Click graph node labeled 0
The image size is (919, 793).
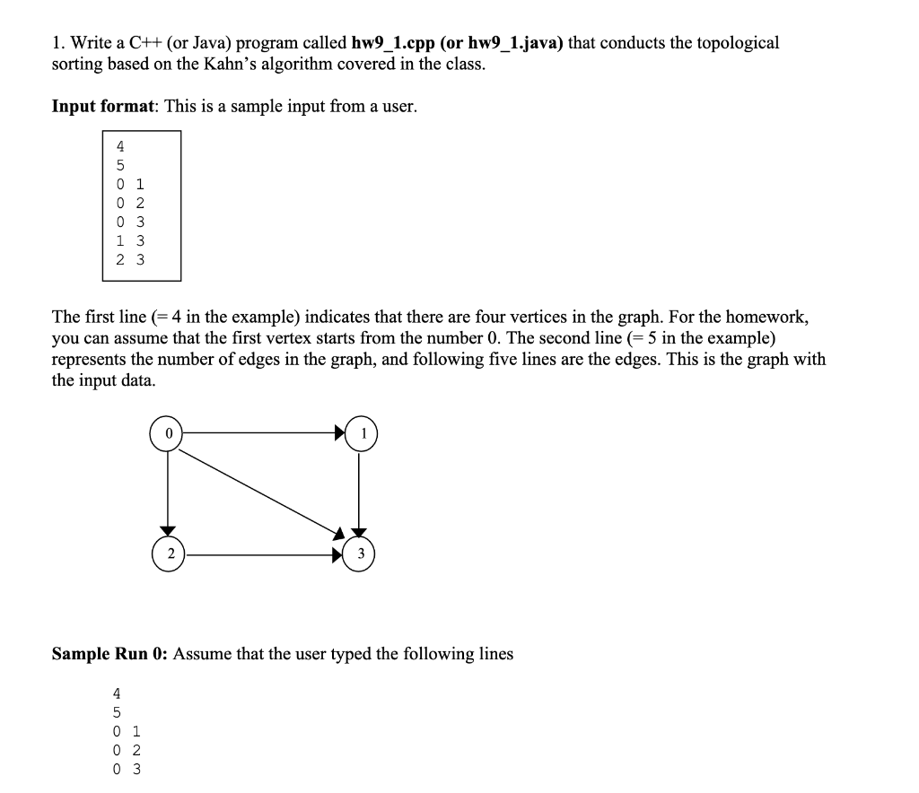pyautogui.click(x=167, y=433)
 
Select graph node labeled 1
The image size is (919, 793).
pyautogui.click(x=362, y=433)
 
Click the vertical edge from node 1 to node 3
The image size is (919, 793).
pyautogui.click(x=361, y=493)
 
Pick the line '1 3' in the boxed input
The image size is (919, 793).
pyautogui.click(x=130, y=240)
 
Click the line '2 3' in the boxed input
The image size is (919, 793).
pyautogui.click(x=130, y=260)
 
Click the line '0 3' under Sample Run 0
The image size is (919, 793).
pyautogui.click(x=126, y=769)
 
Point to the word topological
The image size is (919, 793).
pyautogui.click(x=737, y=43)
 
